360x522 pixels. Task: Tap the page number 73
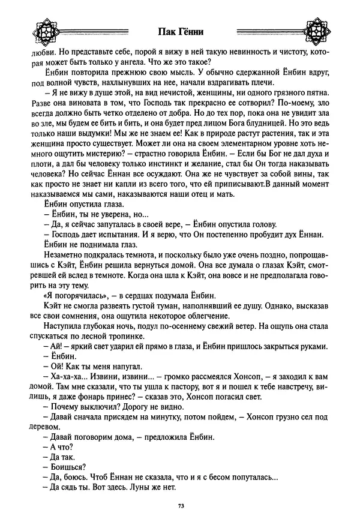(180, 506)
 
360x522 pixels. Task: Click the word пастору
(196, 391)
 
